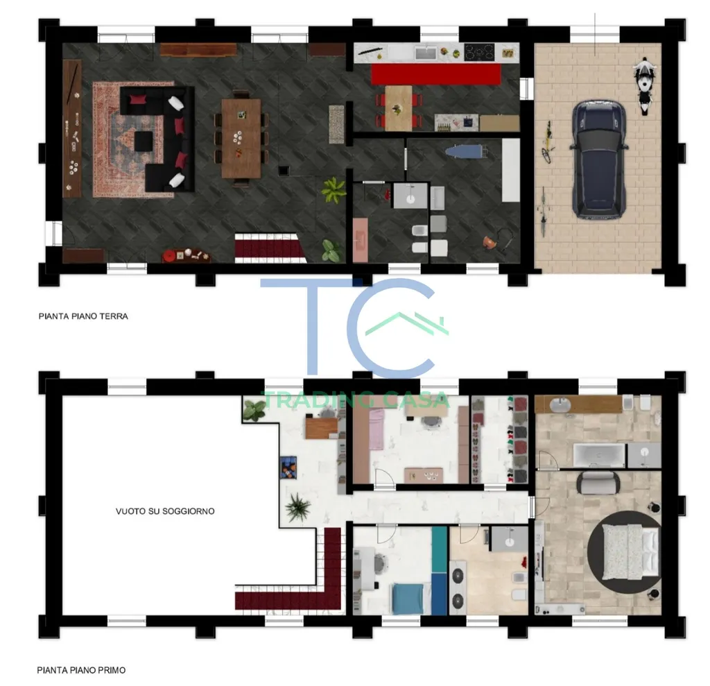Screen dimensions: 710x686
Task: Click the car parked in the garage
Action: coord(599,160)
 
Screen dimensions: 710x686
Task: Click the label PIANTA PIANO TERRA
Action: coord(83,316)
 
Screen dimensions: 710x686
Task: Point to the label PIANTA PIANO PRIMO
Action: coord(82,670)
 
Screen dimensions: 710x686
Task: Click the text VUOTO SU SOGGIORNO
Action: coord(165,511)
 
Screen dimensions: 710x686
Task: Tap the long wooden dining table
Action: coord(241,138)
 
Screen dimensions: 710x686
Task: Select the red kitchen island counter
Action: coord(436,74)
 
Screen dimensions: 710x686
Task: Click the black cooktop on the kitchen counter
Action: coord(479,52)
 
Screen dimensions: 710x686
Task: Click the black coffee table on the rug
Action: coord(144,142)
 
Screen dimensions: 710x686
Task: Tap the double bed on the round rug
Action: coord(629,552)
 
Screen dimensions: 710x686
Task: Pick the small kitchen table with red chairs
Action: coord(399,108)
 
